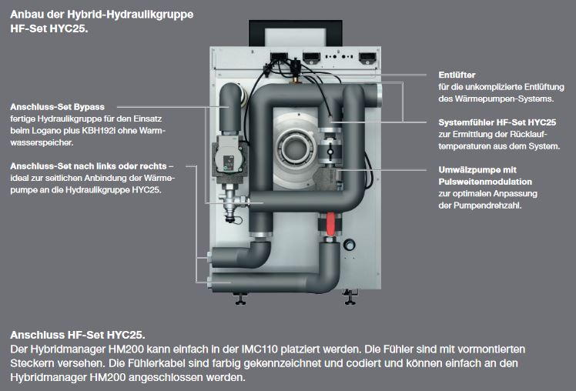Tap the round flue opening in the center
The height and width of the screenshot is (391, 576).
coord(296,147)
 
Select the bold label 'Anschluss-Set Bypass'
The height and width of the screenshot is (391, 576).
coord(58,106)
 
